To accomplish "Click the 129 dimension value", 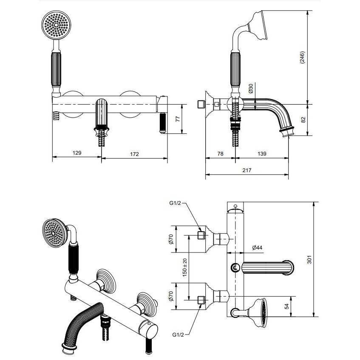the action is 77,153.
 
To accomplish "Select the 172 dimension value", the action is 134,154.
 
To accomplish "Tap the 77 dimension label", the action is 178,119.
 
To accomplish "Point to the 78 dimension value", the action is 220,153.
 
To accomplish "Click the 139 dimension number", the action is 262,153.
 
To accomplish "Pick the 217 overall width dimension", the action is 247,170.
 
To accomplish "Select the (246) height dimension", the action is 302,57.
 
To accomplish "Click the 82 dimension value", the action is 303,119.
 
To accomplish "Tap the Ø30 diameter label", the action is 251,89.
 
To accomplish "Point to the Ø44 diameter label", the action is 257,247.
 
